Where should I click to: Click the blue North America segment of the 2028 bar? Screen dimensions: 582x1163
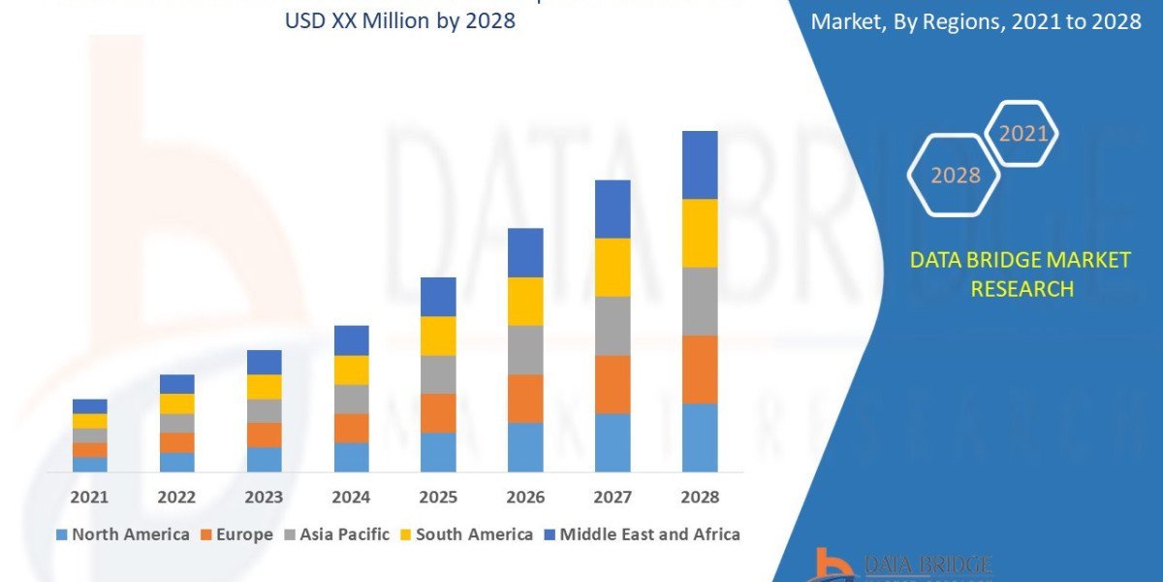pyautogui.click(x=700, y=437)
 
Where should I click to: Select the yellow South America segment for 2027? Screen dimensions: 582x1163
pyautogui.click(x=613, y=268)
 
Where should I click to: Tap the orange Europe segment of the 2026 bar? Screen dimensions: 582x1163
pyautogui.click(x=525, y=399)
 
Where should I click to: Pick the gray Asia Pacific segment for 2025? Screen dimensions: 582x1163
pyautogui.click(x=438, y=374)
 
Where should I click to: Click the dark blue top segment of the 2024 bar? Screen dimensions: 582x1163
pyautogui.click(x=351, y=340)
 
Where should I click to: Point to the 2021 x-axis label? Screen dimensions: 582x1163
pyautogui.click(x=89, y=497)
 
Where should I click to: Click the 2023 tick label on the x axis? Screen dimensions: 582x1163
pyautogui.click(x=264, y=497)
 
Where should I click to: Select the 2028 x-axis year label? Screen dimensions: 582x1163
pyautogui.click(x=700, y=497)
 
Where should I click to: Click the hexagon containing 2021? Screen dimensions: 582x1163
pyautogui.click(x=1022, y=135)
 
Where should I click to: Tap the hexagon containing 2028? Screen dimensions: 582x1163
pyautogui.click(x=955, y=176)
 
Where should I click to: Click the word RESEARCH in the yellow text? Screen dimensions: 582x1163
pyautogui.click(x=1022, y=289)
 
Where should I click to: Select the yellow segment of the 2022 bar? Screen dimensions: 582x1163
pyautogui.click(x=176, y=404)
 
